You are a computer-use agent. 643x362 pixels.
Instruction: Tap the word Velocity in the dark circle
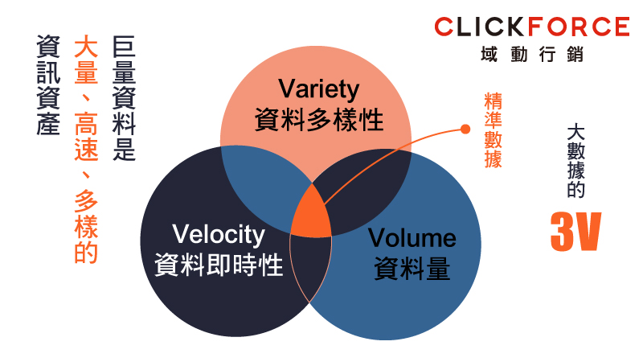(219, 235)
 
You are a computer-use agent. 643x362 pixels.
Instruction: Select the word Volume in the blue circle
(412, 238)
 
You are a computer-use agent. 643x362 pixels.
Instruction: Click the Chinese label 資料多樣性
(318, 119)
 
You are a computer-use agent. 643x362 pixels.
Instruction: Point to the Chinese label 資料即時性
(219, 265)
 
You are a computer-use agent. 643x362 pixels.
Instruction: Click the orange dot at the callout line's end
(465, 128)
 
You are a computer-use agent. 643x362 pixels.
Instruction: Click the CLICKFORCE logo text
(531, 27)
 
